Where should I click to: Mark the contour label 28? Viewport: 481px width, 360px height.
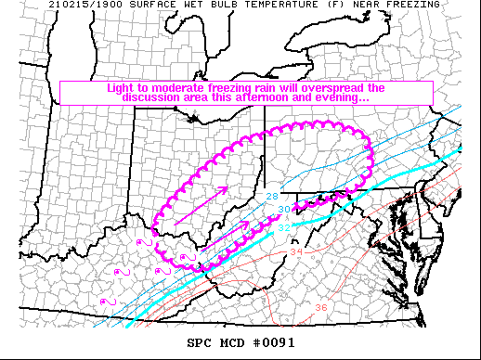pyautogui.click(x=272, y=196)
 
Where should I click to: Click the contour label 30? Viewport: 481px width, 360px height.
pyautogui.click(x=283, y=210)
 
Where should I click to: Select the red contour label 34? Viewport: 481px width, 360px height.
pyautogui.click(x=296, y=251)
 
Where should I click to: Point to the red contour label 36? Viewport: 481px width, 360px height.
pyautogui.click(x=320, y=307)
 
